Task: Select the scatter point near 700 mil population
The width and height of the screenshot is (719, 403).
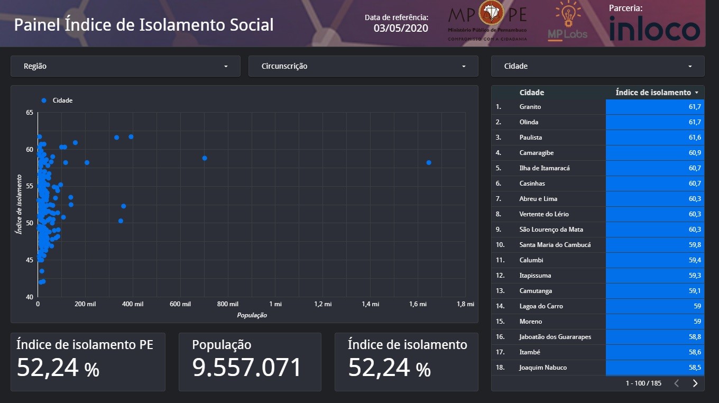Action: (205, 158)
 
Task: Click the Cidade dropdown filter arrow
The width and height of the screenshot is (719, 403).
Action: (690, 67)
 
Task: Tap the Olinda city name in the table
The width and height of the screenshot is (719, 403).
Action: (529, 122)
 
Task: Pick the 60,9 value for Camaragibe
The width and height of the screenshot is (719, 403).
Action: (695, 152)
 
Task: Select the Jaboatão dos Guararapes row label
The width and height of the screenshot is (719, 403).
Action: (555, 336)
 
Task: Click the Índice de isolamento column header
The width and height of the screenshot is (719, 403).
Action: (653, 93)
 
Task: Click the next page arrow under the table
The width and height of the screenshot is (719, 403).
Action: (695, 383)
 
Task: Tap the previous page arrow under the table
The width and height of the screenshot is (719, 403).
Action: (676, 383)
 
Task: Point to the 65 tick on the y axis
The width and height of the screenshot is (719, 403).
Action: (30, 113)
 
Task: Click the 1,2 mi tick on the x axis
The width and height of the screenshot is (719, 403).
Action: (322, 304)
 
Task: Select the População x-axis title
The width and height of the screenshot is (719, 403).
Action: (252, 315)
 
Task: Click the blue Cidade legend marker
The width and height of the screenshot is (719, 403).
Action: (44, 100)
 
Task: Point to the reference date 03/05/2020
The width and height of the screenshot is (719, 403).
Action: (401, 28)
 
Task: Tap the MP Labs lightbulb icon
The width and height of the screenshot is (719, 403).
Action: (568, 14)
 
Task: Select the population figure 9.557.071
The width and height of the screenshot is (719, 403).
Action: (246, 368)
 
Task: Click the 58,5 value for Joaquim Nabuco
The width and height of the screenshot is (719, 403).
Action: (695, 368)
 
